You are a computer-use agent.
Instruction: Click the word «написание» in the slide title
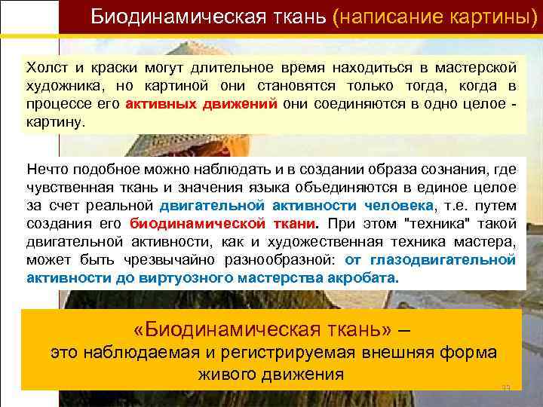coord(384,17)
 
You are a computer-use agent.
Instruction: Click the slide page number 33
coord(506,387)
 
